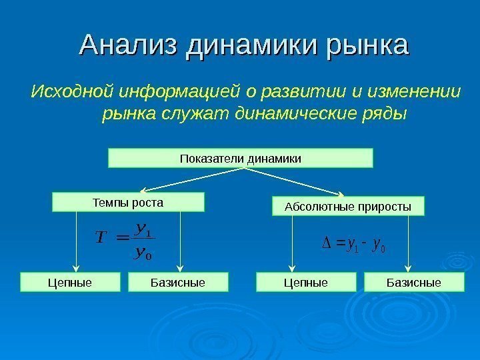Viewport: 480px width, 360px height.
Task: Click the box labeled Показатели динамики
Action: (241, 159)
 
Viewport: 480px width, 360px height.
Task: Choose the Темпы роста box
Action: (127, 201)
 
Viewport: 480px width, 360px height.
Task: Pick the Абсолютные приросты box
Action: (349, 207)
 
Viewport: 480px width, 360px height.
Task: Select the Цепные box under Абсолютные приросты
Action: (306, 283)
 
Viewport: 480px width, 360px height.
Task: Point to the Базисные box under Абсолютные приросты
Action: (413, 283)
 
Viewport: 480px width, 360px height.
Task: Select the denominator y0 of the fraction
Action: (141, 252)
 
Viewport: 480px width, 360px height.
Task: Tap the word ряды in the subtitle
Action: (385, 113)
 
